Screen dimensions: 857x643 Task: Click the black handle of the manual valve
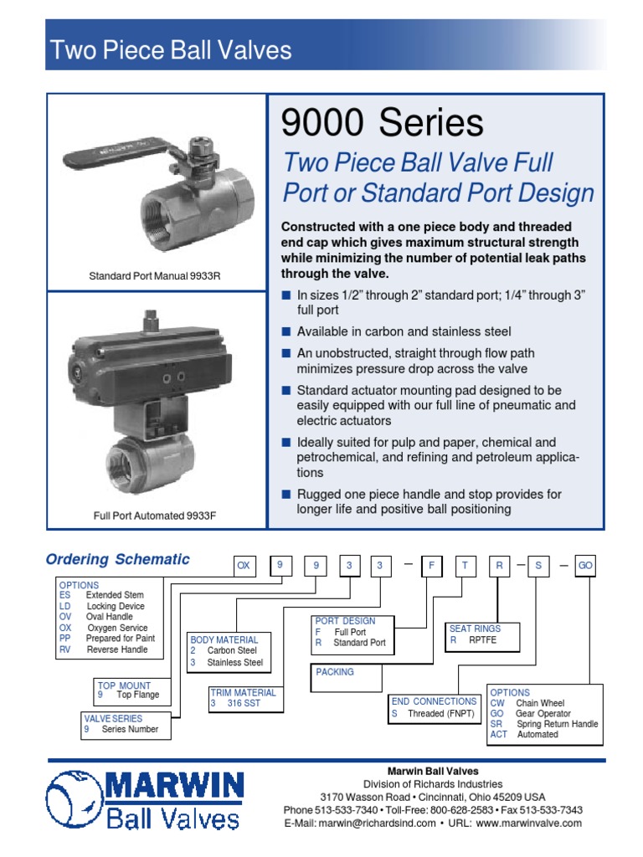coord(117,157)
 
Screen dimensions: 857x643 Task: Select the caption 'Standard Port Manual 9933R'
coord(155,275)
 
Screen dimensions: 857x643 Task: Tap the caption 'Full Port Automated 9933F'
coord(155,516)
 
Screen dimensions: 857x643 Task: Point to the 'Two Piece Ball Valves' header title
coord(171,50)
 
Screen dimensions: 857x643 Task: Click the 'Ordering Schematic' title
coord(117,560)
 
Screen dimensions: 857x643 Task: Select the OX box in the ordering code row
coord(244,567)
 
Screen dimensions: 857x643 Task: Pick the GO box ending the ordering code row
coord(585,567)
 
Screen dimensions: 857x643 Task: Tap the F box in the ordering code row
coord(430,567)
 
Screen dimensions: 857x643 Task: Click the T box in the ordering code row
coord(463,567)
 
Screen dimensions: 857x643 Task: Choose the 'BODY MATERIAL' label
coord(224,639)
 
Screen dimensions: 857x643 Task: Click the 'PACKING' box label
coord(335,671)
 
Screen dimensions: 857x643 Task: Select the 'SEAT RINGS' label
coord(476,629)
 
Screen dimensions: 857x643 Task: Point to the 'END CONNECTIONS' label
coord(434,701)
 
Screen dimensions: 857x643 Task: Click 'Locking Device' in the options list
coord(116,606)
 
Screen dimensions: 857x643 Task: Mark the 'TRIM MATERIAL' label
coord(244,693)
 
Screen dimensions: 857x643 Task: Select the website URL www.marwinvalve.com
coord(528,824)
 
